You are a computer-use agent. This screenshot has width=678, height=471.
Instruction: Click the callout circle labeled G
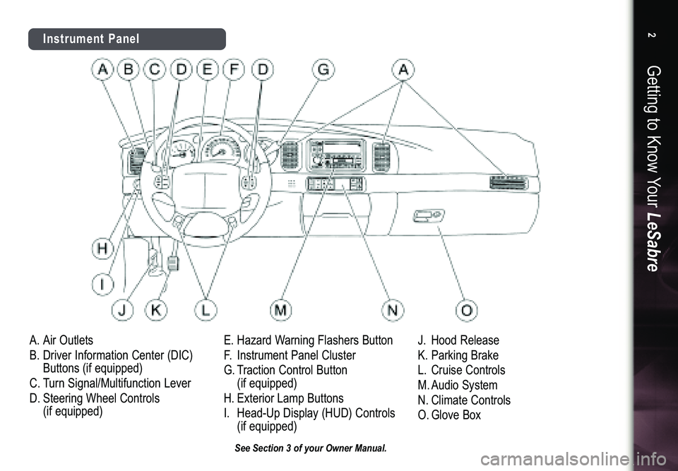pos(323,69)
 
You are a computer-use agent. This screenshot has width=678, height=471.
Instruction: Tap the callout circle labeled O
pos(468,309)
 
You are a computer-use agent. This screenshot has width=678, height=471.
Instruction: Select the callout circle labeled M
pos(281,309)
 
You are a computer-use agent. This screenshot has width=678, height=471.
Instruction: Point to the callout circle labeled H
pos(103,249)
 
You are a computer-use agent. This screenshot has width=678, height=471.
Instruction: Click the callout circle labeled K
pos(155,309)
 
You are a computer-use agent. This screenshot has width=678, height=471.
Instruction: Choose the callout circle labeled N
pos(392,309)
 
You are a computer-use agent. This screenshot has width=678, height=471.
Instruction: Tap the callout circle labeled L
pos(205,309)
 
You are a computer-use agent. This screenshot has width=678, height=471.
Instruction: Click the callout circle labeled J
pos(123,309)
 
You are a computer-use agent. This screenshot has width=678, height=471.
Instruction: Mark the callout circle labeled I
pos(103,285)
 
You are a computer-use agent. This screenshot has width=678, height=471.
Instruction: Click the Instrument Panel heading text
pos(90,39)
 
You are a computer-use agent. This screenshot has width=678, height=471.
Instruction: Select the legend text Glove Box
pos(456,415)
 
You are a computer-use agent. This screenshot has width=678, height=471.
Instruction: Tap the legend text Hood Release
pos(465,340)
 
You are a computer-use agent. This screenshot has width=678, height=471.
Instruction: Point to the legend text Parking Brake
pos(464,355)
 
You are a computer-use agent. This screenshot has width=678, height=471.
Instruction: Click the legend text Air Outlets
pos(68,340)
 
